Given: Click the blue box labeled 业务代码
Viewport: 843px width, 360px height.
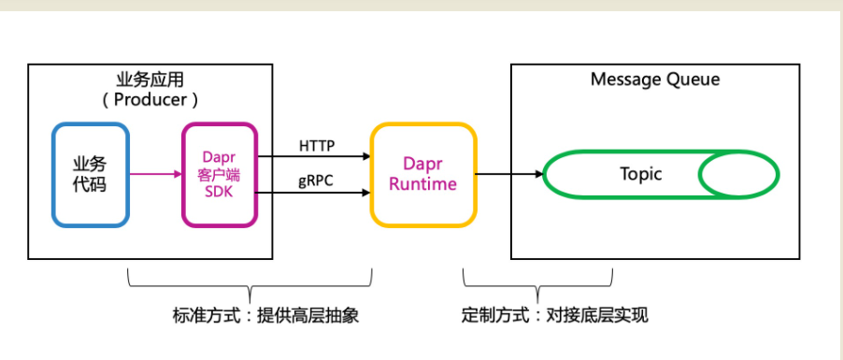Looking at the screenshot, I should (90, 174).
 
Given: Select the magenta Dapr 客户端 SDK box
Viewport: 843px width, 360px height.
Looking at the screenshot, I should (220, 174).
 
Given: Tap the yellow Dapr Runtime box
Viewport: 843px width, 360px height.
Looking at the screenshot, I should (422, 174).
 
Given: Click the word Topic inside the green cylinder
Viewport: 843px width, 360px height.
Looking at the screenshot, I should (640, 174).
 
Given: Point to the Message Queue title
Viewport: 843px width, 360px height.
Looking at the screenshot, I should (655, 80).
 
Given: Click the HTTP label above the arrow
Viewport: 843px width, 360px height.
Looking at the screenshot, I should (317, 145).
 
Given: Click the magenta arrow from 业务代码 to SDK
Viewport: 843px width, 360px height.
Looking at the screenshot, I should (154, 174).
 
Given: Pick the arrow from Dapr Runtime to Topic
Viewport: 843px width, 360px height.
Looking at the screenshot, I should (508, 174).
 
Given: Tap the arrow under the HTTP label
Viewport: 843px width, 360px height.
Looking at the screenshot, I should (313, 157).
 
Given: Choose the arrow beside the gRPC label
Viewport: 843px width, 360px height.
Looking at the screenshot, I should (313, 194).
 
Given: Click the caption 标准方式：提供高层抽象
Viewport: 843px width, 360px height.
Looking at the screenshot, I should (252, 316).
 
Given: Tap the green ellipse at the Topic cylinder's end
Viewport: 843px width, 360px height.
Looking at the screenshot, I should (739, 174).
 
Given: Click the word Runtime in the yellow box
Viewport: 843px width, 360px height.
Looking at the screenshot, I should (422, 184).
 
